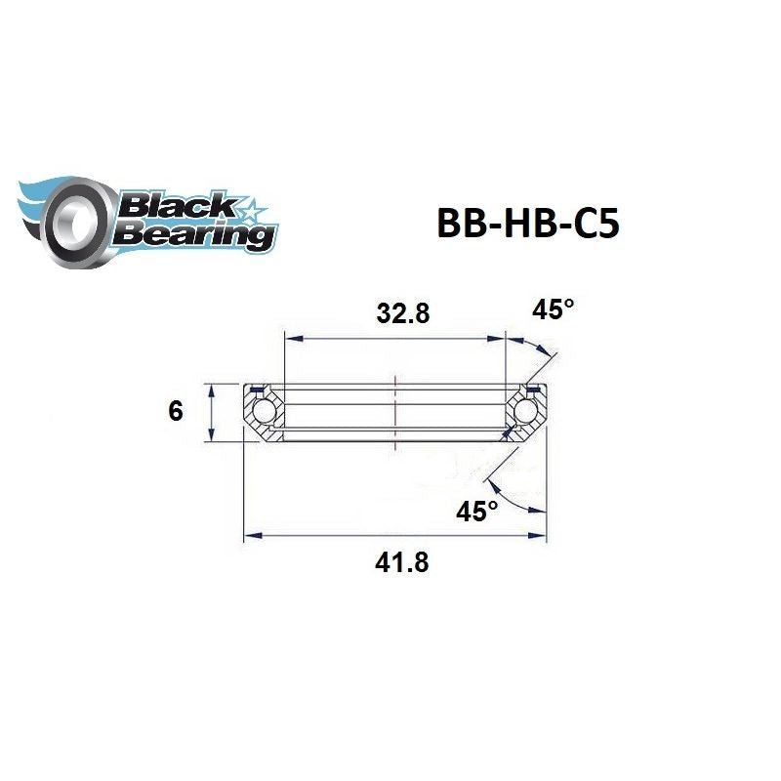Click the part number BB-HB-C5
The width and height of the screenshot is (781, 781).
tap(526, 224)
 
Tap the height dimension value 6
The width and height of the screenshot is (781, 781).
tap(176, 411)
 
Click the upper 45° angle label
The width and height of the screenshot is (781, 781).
tap(554, 310)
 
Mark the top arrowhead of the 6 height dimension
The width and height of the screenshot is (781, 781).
tap(210, 389)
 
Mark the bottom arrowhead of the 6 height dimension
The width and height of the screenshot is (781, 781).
tap(210, 436)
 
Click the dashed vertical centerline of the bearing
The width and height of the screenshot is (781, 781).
tap(394, 410)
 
